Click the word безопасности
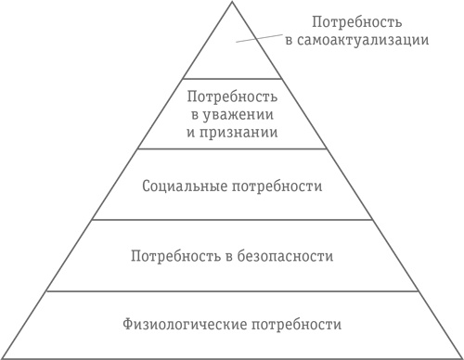287,255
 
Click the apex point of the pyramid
231,3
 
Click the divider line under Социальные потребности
231,220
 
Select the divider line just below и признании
231,149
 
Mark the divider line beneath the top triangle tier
231,79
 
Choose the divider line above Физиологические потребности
231,290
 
